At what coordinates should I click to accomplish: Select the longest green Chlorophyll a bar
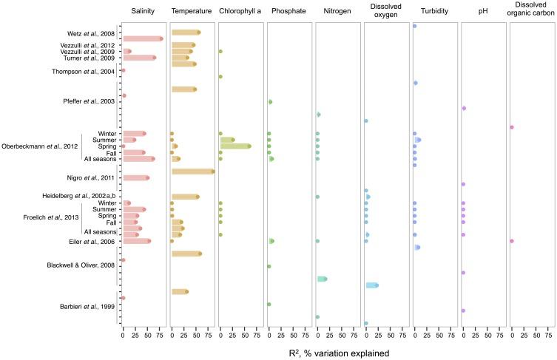click(x=235, y=146)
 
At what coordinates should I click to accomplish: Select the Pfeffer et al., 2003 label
click(x=87, y=101)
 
